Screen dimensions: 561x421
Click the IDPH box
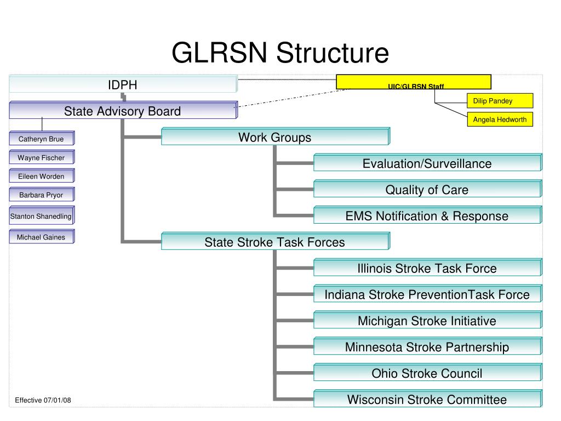(123, 84)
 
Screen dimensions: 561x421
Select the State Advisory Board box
(123, 110)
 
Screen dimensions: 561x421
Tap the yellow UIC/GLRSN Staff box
(414, 82)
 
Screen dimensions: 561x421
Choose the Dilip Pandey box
(500, 101)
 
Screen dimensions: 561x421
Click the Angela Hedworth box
(500, 119)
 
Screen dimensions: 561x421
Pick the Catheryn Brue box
(42, 138)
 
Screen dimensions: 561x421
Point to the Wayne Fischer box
(42, 157)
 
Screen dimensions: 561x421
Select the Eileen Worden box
(42, 176)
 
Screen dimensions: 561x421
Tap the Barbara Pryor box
(42, 195)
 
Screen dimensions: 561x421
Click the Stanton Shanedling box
(42, 215)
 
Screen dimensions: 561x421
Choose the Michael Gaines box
(42, 237)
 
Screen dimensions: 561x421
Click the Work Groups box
(276, 136)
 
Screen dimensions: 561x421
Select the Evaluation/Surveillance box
(428, 162)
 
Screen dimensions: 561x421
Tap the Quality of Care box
(428, 189)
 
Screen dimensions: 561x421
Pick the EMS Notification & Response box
(428, 215)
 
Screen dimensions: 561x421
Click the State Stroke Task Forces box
(276, 241)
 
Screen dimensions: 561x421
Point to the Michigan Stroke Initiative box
(428, 320)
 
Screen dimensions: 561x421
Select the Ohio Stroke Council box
(428, 373)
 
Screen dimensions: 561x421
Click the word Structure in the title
(333, 53)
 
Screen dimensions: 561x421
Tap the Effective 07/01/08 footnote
(43, 400)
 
